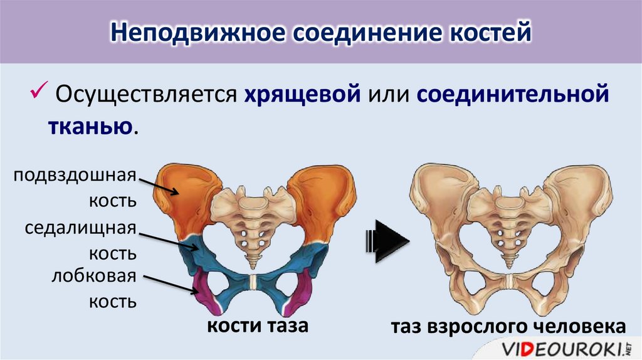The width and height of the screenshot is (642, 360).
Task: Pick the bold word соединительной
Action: click(x=509, y=96)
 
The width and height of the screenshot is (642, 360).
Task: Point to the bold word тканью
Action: click(x=90, y=126)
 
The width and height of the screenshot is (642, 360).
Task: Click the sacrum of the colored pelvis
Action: click(x=251, y=220)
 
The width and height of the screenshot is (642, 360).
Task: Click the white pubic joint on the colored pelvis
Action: click(x=252, y=282)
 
